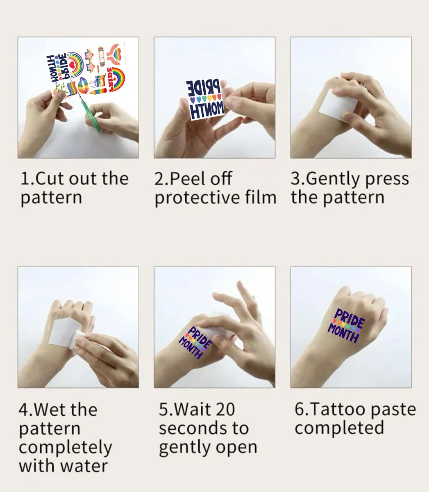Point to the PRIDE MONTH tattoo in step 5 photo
coord(195,342)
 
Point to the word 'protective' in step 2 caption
coord(197,198)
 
